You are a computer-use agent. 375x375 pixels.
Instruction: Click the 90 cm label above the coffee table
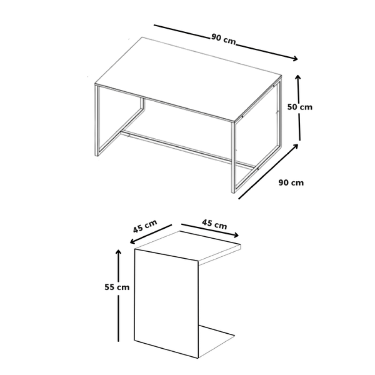224,39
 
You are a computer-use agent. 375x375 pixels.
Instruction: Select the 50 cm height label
300,107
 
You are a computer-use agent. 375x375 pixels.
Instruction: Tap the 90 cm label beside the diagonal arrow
291,183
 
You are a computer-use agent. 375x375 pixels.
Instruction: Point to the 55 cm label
117,287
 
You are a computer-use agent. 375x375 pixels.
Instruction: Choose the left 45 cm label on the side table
145,226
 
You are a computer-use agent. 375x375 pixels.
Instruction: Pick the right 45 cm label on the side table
214,224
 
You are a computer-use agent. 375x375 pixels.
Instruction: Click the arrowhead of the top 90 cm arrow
295,58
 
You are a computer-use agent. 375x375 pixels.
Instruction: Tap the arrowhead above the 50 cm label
298,77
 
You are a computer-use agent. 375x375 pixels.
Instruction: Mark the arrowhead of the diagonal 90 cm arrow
296,146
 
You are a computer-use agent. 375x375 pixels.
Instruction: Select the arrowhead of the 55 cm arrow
118,252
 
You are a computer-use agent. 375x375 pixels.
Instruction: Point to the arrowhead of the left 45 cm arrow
132,242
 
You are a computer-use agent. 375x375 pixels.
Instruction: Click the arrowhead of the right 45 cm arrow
236,235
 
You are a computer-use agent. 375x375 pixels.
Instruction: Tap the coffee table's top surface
188,79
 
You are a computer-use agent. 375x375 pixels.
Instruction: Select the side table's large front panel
166,304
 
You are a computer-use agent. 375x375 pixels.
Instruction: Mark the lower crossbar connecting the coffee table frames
188,149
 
